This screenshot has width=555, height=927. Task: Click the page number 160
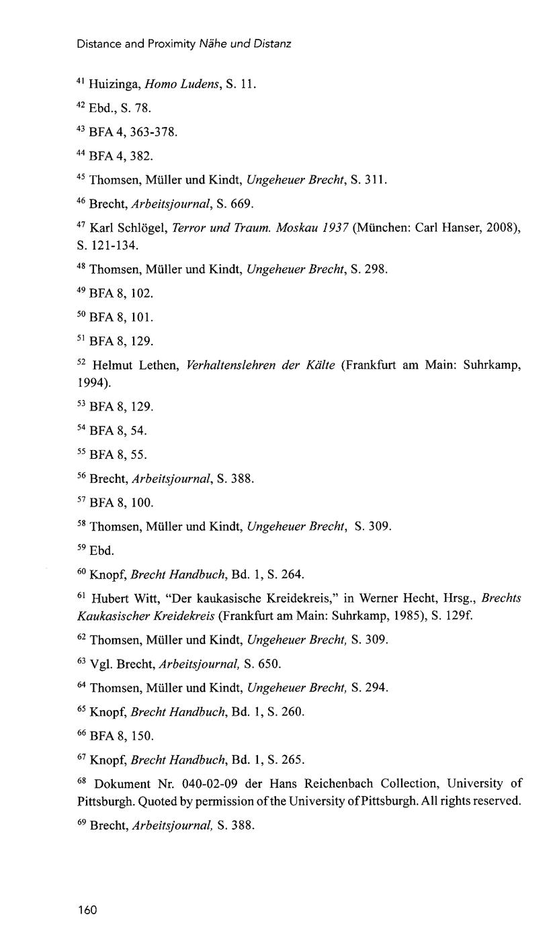click(87, 910)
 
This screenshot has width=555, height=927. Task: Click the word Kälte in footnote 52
click(320, 365)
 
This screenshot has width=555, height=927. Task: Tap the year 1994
click(91, 382)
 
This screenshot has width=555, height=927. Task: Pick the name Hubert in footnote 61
click(109, 599)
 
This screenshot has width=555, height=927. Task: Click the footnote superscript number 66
click(81, 734)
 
